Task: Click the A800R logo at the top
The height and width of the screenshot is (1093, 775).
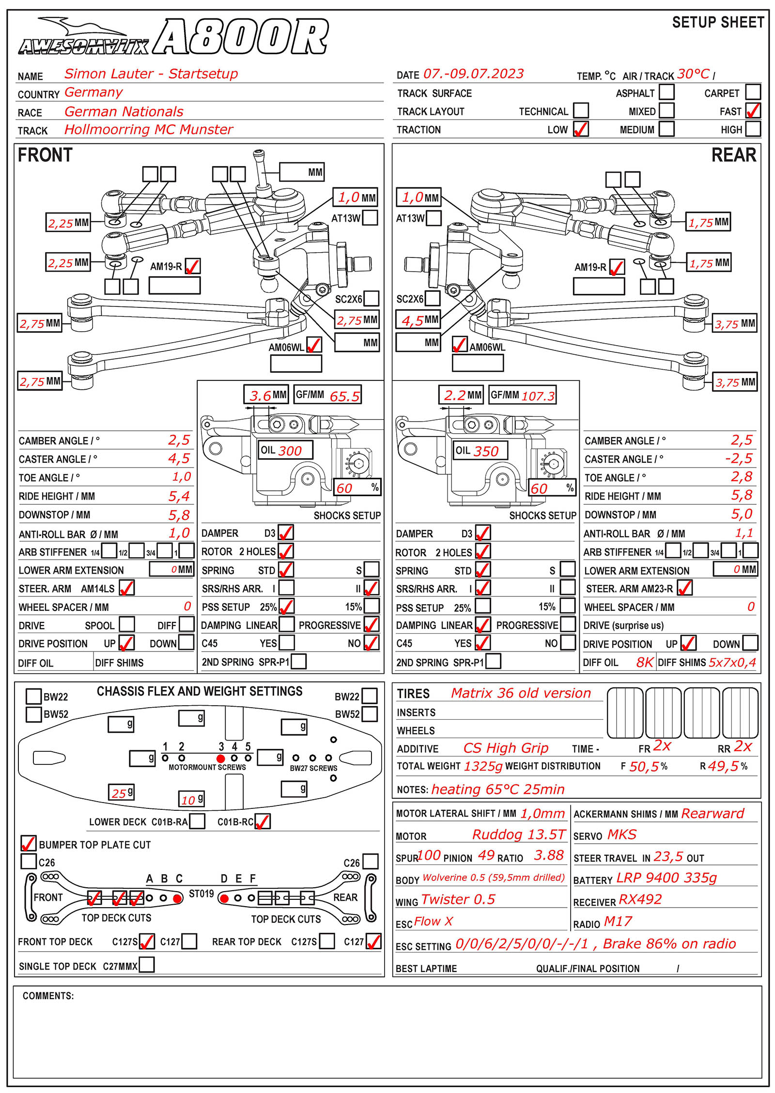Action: point(241,37)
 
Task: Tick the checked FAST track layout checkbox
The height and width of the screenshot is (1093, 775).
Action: point(753,111)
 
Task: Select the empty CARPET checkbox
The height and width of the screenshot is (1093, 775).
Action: point(753,92)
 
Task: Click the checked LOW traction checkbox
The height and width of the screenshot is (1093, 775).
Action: point(580,129)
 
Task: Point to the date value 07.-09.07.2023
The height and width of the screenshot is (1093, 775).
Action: point(473,74)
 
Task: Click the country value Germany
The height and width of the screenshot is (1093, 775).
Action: point(93,92)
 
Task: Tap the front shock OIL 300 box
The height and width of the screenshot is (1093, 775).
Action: point(285,450)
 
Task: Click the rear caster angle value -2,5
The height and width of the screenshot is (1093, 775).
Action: point(739,458)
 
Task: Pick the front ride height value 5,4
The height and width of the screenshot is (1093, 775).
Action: point(179,496)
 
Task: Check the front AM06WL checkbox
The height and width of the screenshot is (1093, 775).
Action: point(314,345)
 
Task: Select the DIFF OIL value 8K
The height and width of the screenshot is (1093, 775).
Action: point(644,662)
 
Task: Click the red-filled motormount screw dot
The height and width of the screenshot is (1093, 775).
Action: point(221,759)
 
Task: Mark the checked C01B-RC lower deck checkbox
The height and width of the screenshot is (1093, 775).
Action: point(262,821)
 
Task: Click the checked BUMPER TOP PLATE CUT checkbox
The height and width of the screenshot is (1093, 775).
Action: point(29,844)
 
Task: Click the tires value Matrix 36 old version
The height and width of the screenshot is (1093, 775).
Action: point(521,693)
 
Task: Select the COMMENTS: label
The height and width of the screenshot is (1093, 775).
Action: point(48,996)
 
